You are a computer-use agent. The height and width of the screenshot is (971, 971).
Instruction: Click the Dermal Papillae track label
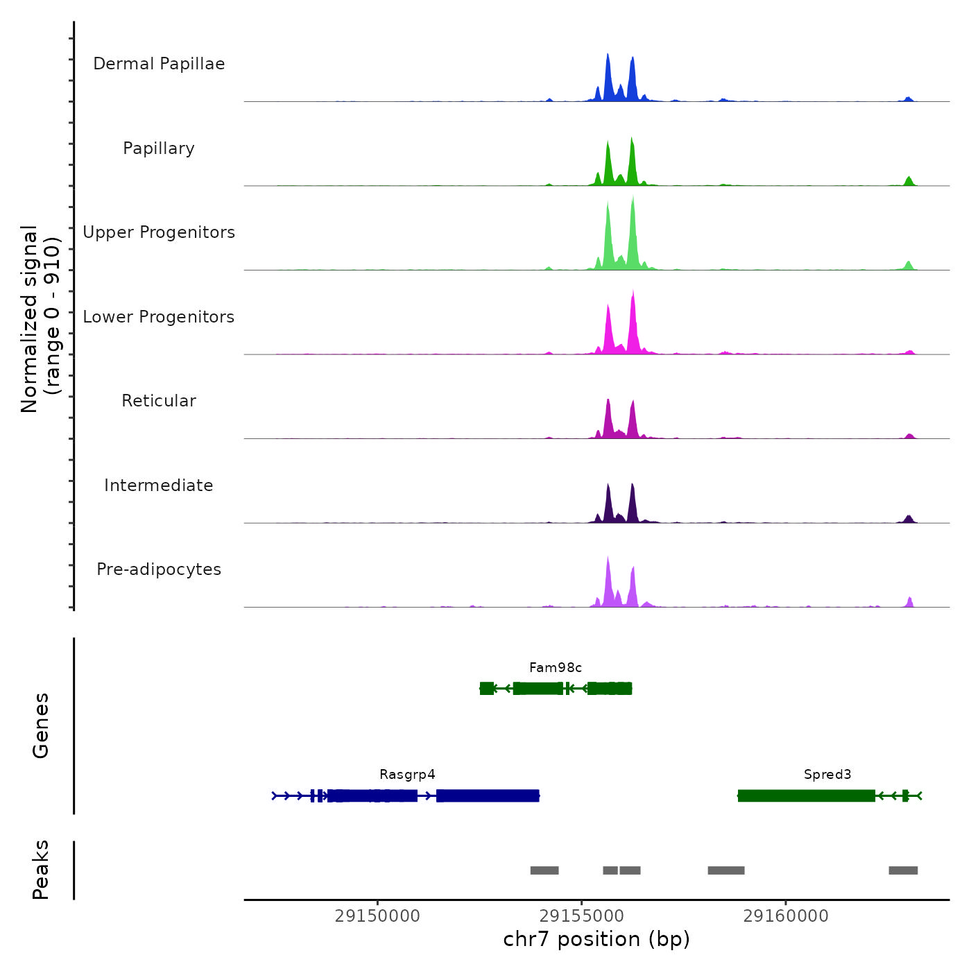tap(159, 64)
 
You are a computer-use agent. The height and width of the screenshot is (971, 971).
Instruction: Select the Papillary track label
tap(159, 148)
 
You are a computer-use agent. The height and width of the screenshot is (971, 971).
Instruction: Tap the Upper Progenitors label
tap(159, 232)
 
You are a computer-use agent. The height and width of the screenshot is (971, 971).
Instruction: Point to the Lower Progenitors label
tap(159, 317)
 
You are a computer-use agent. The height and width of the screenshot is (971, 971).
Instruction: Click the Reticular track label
tap(159, 401)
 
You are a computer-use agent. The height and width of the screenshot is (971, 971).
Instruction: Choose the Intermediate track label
tap(159, 486)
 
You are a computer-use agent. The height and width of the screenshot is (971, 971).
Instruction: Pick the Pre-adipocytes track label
tap(159, 569)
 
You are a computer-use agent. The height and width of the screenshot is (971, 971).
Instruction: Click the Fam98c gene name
tap(556, 668)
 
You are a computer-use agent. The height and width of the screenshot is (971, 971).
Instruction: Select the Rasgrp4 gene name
tap(407, 775)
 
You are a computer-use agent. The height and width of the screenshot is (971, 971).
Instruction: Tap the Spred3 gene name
tap(827, 775)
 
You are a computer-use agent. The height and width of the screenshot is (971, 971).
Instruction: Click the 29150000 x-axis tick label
tap(377, 916)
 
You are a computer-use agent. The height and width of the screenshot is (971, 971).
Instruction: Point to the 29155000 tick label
tap(581, 916)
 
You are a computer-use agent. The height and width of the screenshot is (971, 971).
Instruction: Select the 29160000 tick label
tap(786, 916)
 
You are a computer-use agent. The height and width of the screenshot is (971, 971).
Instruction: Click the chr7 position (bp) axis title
tap(596, 940)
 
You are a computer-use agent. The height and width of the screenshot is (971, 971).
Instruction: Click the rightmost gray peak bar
tap(903, 870)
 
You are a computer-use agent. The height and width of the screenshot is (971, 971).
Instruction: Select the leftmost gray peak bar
tap(544, 870)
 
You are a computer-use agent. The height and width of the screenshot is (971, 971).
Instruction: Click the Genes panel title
tap(41, 725)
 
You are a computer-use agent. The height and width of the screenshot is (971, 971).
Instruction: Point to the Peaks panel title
tap(41, 870)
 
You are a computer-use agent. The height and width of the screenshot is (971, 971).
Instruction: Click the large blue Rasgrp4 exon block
tap(488, 796)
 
